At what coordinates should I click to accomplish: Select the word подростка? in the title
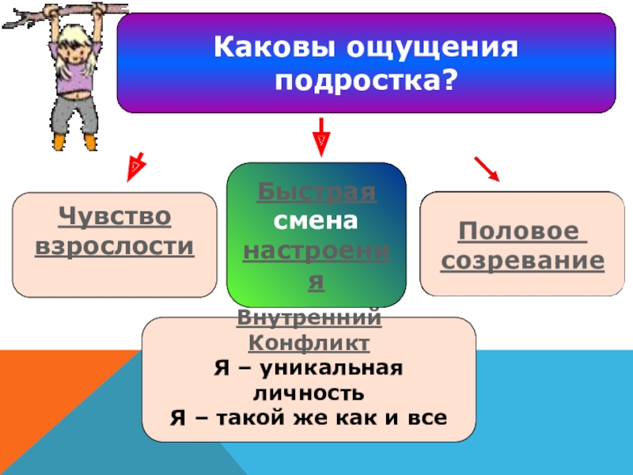click(x=366, y=81)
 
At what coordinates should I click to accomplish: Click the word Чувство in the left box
click(x=114, y=216)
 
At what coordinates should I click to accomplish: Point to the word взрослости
click(x=114, y=245)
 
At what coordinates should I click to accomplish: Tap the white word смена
click(x=316, y=222)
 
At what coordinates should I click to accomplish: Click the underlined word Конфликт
click(x=309, y=344)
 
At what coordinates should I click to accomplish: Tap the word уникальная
click(x=341, y=368)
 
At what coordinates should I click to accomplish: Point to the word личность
click(x=309, y=392)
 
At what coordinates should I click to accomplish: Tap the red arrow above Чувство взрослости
click(x=136, y=165)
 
